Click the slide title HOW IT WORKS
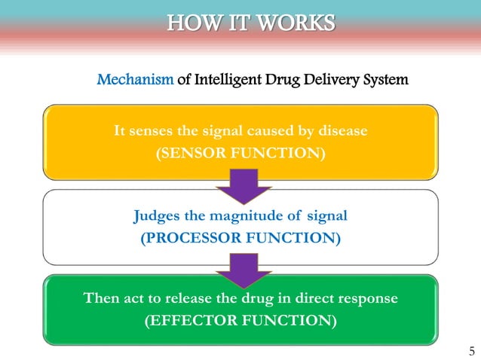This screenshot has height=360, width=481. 250,23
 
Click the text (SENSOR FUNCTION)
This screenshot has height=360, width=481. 240,154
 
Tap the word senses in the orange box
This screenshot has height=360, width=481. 151,131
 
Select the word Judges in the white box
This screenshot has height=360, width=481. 154,216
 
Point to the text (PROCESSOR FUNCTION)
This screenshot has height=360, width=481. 240,239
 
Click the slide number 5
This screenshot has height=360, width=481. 471,351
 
